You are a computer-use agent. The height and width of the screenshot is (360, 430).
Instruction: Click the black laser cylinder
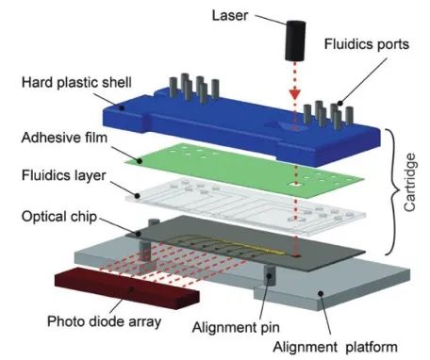pyautogui.click(x=295, y=41)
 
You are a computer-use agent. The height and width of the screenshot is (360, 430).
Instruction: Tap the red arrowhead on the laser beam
pyautogui.click(x=295, y=93)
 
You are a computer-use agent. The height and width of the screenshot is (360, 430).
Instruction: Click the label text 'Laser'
pyautogui.click(x=230, y=16)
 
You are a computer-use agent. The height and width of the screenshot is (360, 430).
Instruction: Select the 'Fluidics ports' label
pyautogui.click(x=367, y=44)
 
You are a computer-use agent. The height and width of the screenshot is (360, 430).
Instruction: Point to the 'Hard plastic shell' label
pyautogui.click(x=76, y=83)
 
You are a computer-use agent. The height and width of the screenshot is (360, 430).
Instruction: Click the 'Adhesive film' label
pyautogui.click(x=64, y=138)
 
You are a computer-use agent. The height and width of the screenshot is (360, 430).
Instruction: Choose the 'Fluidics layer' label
pyautogui.click(x=64, y=175)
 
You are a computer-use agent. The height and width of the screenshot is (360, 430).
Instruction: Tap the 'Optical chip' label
pyautogui.click(x=59, y=217)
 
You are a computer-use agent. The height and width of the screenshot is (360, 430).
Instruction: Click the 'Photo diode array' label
pyautogui.click(x=104, y=321)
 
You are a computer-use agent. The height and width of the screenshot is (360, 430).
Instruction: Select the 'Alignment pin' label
pyautogui.click(x=236, y=327)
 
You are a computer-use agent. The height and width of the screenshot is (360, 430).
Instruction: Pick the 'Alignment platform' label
pyautogui.click(x=335, y=347)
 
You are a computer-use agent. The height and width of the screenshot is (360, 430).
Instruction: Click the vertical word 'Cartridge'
pyautogui.click(x=410, y=182)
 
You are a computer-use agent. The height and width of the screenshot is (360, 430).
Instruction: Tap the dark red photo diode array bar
pyautogui.click(x=126, y=288)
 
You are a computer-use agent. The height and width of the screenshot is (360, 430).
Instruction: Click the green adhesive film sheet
pyautogui.click(x=245, y=171)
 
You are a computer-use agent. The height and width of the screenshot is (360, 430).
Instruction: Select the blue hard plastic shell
pyautogui.click(x=242, y=125)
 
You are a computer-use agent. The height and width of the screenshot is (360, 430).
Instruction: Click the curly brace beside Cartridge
pyautogui.click(x=392, y=191)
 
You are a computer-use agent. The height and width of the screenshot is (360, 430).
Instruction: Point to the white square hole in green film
pyautogui.click(x=295, y=185)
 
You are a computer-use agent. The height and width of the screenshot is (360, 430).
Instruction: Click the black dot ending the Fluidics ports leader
pyautogui.click(x=339, y=103)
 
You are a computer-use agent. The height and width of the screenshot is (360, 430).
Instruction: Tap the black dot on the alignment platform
pyautogui.click(x=321, y=293)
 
